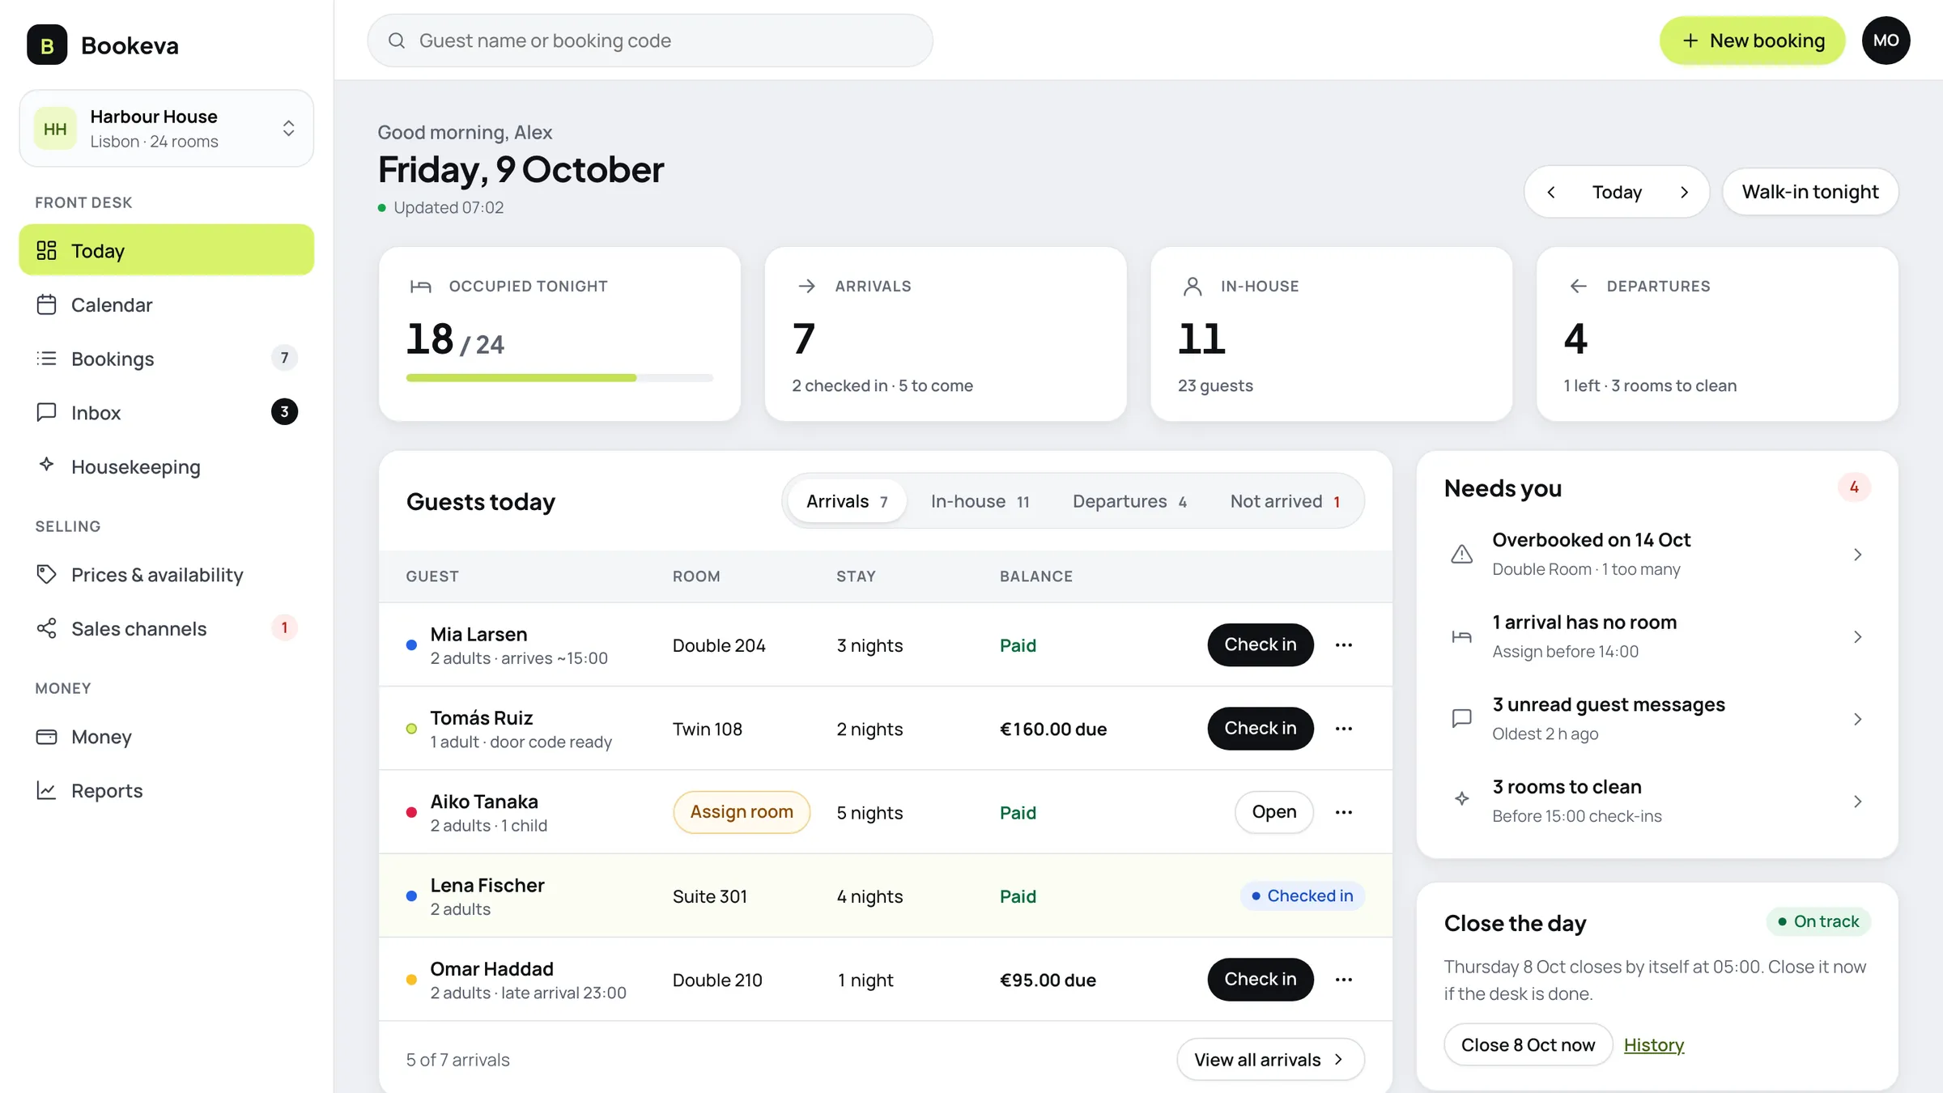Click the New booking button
(1752, 40)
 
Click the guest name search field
(650, 40)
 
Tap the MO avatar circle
(1886, 40)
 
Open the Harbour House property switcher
(167, 129)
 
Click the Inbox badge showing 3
(284, 412)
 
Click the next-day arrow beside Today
(1684, 192)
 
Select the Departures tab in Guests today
(1129, 501)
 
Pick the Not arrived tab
(1285, 501)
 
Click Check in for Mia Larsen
(1261, 644)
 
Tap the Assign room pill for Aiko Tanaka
(742, 812)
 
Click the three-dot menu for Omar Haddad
(1344, 980)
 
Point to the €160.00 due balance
(1053, 729)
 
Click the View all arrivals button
(1270, 1060)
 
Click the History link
(1654, 1045)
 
